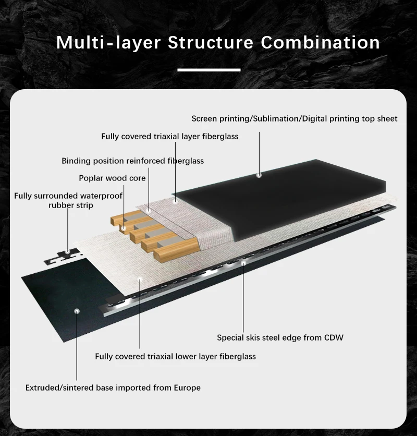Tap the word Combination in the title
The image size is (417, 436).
point(320,43)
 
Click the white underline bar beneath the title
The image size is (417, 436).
point(208,69)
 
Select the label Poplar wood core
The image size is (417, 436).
point(112,178)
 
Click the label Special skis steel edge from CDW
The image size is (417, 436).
point(280,337)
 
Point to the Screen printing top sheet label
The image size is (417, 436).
point(295,119)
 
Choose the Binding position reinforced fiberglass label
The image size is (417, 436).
point(132,161)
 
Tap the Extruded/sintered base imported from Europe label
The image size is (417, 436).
point(113,387)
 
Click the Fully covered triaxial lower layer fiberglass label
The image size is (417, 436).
point(175,357)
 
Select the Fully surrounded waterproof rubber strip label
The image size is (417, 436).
point(68,200)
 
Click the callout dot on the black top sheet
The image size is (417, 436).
point(259,175)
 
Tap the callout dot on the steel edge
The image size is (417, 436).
point(243,264)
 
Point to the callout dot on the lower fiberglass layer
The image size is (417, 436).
point(140,280)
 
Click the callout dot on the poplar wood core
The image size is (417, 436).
point(124,228)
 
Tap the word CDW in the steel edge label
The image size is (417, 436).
point(334,337)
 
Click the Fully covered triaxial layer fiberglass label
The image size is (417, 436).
point(169,137)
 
